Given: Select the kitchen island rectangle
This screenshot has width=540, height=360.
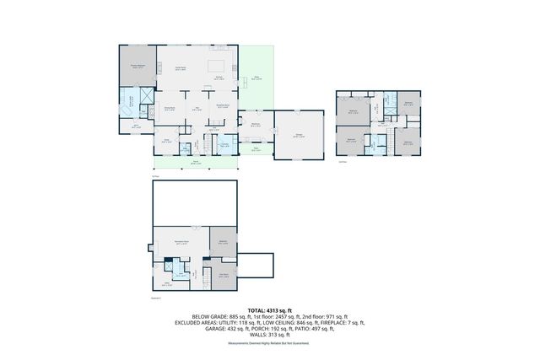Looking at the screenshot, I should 216,65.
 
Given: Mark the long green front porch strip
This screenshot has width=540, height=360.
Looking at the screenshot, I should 195,164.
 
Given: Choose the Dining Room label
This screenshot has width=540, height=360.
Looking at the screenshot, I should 169,110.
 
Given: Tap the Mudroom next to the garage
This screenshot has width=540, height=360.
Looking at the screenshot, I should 255,126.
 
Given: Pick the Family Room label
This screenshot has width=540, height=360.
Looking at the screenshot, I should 180,68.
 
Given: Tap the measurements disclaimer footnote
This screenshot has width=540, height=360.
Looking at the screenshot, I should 268,345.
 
